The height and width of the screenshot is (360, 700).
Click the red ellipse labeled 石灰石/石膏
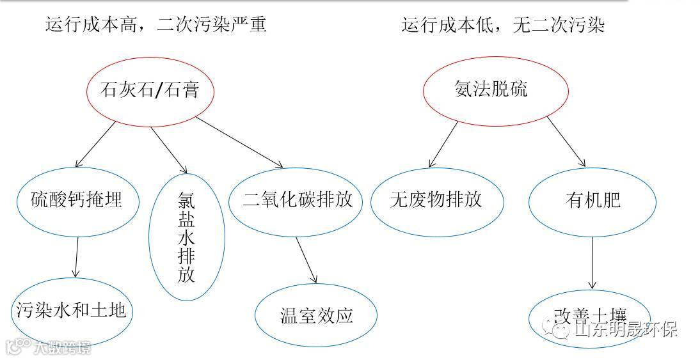point(150,90)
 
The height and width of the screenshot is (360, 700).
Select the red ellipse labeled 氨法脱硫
point(495,89)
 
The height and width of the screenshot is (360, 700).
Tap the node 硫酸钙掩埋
point(77,201)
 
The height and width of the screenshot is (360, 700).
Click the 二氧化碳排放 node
point(298,200)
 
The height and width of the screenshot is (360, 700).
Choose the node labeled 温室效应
point(317,315)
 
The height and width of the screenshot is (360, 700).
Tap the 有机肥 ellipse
point(593,200)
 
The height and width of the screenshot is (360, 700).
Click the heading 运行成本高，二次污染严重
point(155,25)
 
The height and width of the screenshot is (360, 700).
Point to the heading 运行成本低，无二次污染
point(503,25)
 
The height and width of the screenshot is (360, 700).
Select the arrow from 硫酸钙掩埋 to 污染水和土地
point(77,256)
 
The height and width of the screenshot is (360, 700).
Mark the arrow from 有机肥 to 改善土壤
point(593,262)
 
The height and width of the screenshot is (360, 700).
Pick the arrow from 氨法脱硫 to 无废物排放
point(443,145)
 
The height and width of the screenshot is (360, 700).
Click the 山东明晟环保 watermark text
point(625,329)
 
